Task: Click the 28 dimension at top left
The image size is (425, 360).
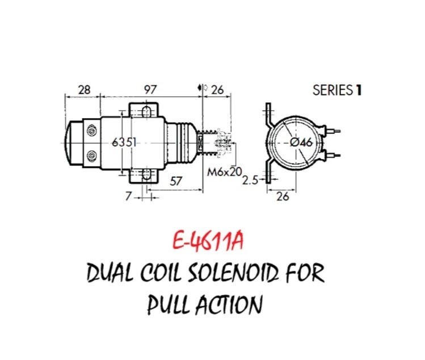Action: click(x=84, y=90)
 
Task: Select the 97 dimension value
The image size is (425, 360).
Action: click(x=150, y=90)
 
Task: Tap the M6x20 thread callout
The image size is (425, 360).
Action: click(x=225, y=171)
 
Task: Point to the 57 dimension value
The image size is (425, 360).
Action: click(x=176, y=181)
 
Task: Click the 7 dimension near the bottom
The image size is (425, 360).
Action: click(x=128, y=196)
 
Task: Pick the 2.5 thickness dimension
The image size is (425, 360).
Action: click(x=250, y=181)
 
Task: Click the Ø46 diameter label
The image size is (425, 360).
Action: click(x=301, y=143)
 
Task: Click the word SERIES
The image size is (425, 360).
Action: click(x=333, y=90)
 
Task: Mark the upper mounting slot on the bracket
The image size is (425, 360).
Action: click(x=146, y=112)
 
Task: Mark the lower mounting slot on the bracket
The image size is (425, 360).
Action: click(x=146, y=174)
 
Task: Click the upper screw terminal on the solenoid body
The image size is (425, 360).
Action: click(x=92, y=131)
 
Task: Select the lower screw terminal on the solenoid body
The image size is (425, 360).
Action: click(x=92, y=156)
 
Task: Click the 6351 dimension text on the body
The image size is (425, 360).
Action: click(x=124, y=143)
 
